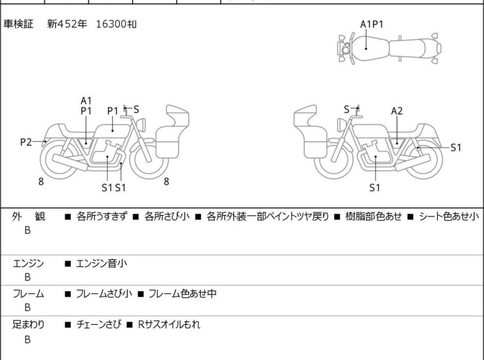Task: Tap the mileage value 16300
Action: (x=111, y=24)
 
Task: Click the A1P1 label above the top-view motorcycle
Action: (x=372, y=24)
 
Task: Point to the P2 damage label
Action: (x=26, y=142)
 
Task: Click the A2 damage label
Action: (x=397, y=110)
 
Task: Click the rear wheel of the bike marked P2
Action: (x=59, y=160)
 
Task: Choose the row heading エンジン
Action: (x=28, y=263)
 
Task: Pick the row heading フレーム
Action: (x=28, y=294)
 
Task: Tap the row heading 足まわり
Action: (x=28, y=325)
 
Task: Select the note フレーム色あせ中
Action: (x=182, y=294)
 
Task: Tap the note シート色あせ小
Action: (x=448, y=217)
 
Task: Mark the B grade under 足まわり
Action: (x=28, y=339)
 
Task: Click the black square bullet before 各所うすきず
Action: (x=67, y=217)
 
